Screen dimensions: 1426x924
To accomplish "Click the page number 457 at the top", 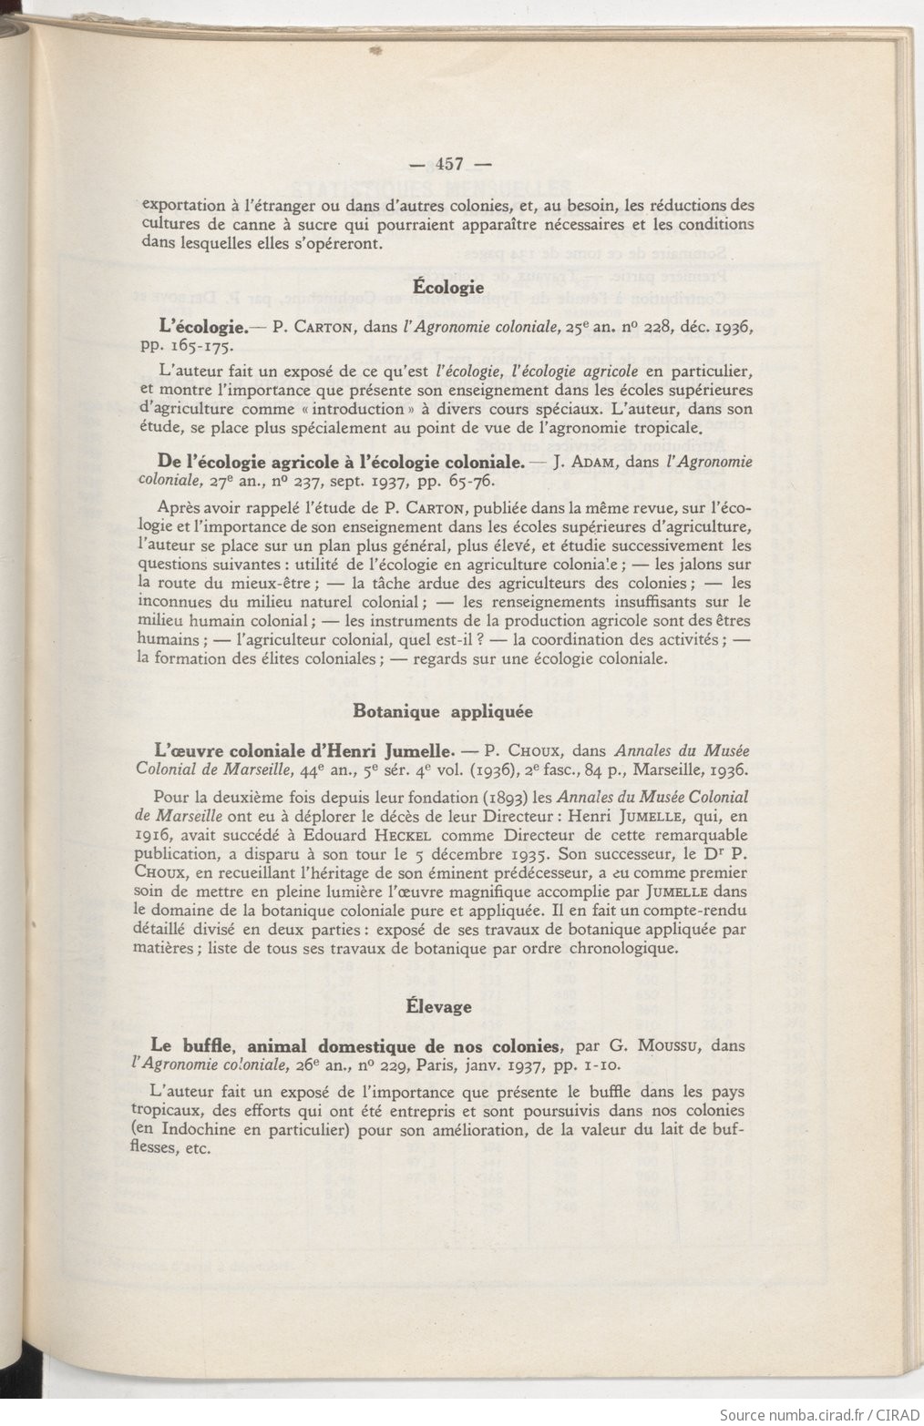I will coord(450,165).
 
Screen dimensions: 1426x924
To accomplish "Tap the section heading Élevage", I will coord(438,1006).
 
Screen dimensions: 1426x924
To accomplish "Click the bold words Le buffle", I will coord(190,1045).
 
